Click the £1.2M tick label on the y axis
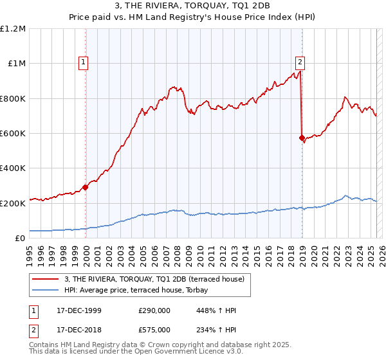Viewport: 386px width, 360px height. tap(13, 29)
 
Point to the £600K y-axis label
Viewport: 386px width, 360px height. tap(13, 134)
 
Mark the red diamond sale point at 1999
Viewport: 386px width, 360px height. tap(86, 188)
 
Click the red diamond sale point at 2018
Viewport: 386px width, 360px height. tap(302, 138)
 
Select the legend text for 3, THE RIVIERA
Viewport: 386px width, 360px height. tap(154, 280)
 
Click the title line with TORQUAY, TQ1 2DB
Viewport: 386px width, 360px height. tap(194, 7)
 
